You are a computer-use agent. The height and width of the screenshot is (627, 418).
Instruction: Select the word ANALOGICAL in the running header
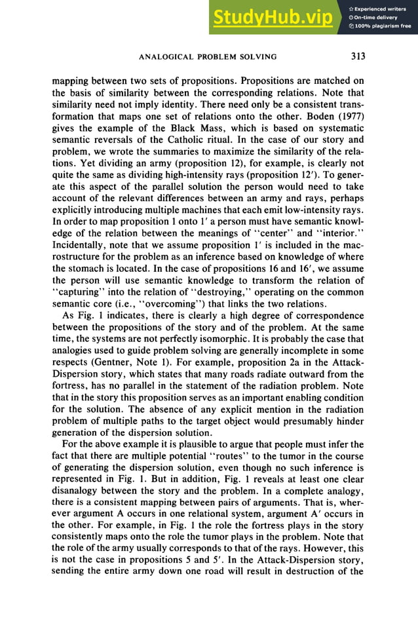[166, 57]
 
